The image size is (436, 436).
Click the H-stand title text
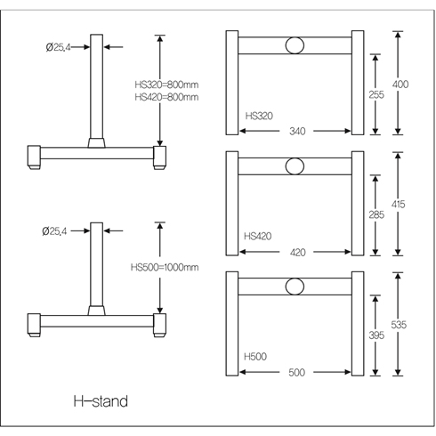[101, 401]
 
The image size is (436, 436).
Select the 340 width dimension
[297, 131]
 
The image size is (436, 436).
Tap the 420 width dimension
[297, 253]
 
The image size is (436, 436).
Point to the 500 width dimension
[296, 372]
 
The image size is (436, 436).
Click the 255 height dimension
[376, 94]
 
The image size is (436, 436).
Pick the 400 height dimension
[400, 85]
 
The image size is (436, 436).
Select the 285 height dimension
[376, 214]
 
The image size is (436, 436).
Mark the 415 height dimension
[398, 204]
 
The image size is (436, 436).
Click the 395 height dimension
[376, 335]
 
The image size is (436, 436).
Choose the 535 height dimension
[399, 325]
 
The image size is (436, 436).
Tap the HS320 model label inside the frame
[259, 116]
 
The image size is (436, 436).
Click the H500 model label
[255, 356]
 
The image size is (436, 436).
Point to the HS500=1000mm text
[165, 267]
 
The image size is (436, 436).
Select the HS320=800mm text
[166, 85]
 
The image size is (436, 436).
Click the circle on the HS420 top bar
[295, 166]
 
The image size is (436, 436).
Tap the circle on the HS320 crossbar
[295, 45]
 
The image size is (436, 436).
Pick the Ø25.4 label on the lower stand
[54, 231]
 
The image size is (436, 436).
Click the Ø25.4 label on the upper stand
[58, 47]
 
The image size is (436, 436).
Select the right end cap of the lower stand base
[159, 324]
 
